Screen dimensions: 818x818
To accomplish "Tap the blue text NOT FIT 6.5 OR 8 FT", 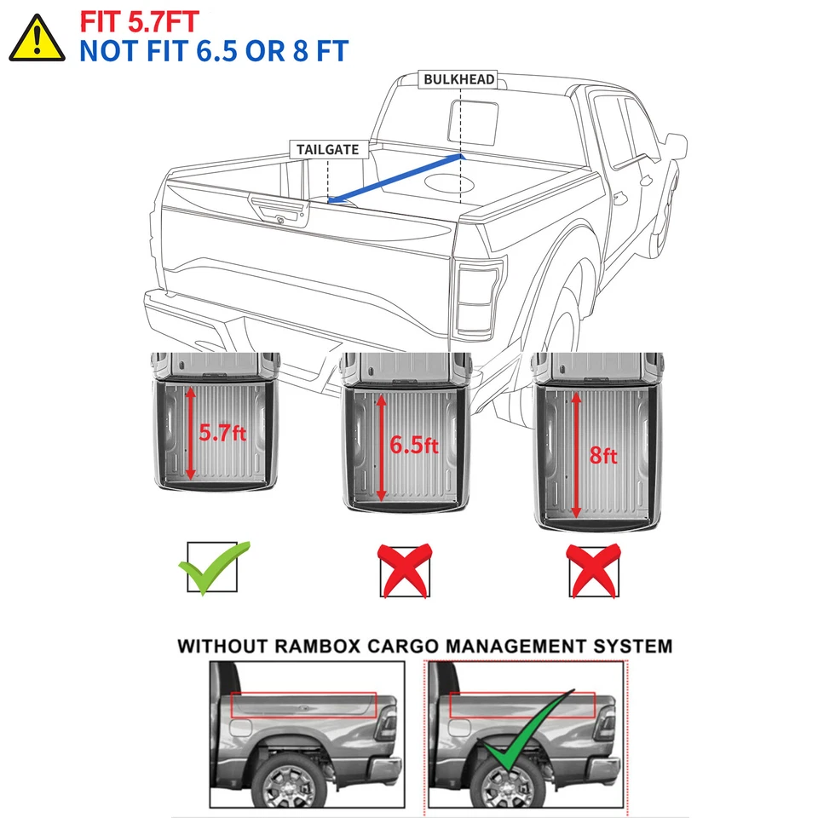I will tap(213, 50).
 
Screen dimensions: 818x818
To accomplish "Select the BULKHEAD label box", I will tap(459, 79).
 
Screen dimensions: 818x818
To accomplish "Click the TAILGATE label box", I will tap(328, 150).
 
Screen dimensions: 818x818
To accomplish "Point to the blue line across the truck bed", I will tap(396, 179).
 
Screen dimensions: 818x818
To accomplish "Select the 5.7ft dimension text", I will tap(222, 433).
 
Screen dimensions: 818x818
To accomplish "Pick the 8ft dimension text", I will tap(603, 456).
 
